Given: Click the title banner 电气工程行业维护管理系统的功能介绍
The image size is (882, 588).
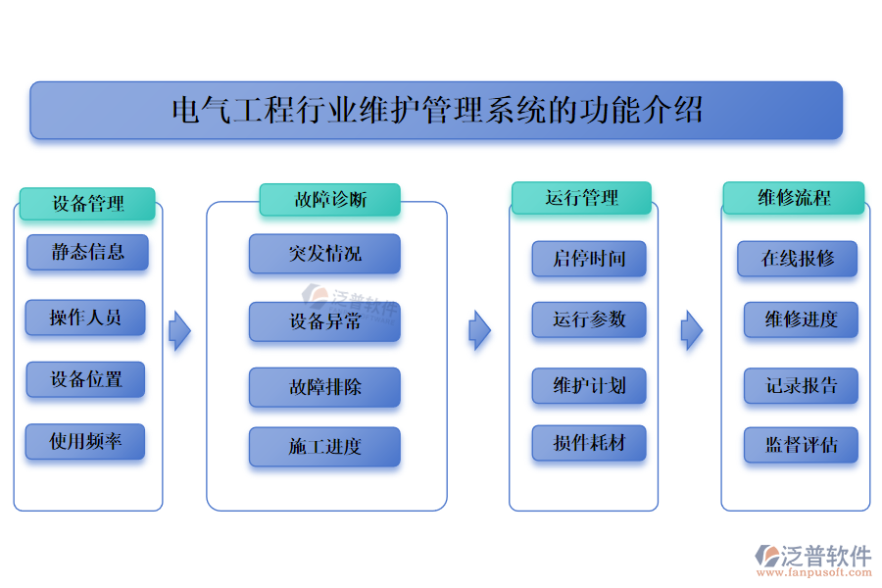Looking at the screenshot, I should [436, 110].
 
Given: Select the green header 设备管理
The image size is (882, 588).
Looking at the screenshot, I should [87, 204].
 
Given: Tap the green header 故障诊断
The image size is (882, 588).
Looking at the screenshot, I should [329, 200].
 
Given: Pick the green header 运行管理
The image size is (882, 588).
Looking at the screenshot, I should [581, 198].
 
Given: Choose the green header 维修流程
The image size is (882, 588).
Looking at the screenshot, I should [794, 198].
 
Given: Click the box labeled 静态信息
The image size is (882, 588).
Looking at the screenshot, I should [87, 252].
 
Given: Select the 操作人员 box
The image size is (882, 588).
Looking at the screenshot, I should [85, 318].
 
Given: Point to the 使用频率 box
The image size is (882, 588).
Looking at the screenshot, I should [85, 442].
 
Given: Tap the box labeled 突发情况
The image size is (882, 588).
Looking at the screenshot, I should [324, 254].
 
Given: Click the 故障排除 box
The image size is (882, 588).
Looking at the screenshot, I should [324, 387].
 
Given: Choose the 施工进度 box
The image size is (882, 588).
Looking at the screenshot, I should [324, 447].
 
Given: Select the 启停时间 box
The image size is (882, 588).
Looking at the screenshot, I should [589, 259].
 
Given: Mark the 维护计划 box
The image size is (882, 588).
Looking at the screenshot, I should [589, 385].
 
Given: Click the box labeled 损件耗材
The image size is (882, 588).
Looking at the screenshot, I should [589, 443].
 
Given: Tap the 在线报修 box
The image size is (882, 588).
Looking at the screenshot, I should [798, 259].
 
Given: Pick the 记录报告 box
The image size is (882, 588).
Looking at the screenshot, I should [801, 385].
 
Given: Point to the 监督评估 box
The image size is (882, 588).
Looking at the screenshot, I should [801, 445].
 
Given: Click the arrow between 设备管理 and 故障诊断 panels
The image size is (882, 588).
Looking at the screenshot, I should [179, 331].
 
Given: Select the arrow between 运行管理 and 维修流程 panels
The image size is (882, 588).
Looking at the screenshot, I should [692, 330].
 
